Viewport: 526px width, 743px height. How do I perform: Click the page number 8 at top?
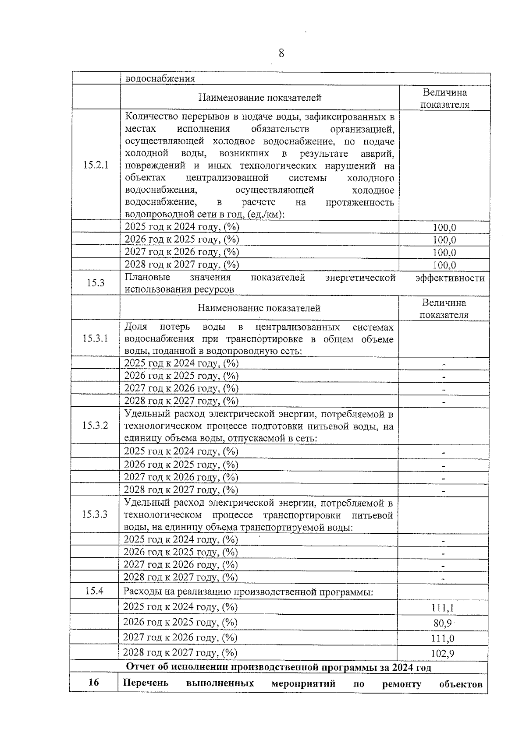pos(281,53)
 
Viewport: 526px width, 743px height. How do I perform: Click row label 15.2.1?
pos(96,165)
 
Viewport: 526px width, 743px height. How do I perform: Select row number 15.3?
pos(95,283)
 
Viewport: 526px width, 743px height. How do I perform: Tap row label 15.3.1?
pos(95,338)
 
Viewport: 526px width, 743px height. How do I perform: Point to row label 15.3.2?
pos(95,426)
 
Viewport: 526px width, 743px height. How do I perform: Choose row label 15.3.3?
pos(94,514)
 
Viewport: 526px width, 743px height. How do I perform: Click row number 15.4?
pos(94,591)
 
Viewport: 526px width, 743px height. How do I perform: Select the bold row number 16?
pos(94,683)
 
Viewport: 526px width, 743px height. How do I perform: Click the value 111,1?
pos(442,608)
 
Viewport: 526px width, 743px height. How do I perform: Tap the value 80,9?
pos(442,623)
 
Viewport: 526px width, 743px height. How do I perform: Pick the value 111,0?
pos(442,638)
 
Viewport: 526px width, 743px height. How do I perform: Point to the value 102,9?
pos(442,654)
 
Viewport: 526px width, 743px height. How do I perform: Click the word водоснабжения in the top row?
pos(160,79)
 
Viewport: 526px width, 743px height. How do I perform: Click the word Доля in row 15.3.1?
pos(135,327)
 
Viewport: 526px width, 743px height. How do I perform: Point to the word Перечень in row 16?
pos(146,683)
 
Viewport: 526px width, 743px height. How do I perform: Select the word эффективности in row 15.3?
pos(450,278)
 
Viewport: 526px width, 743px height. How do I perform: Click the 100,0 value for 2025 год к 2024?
pos(444,228)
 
